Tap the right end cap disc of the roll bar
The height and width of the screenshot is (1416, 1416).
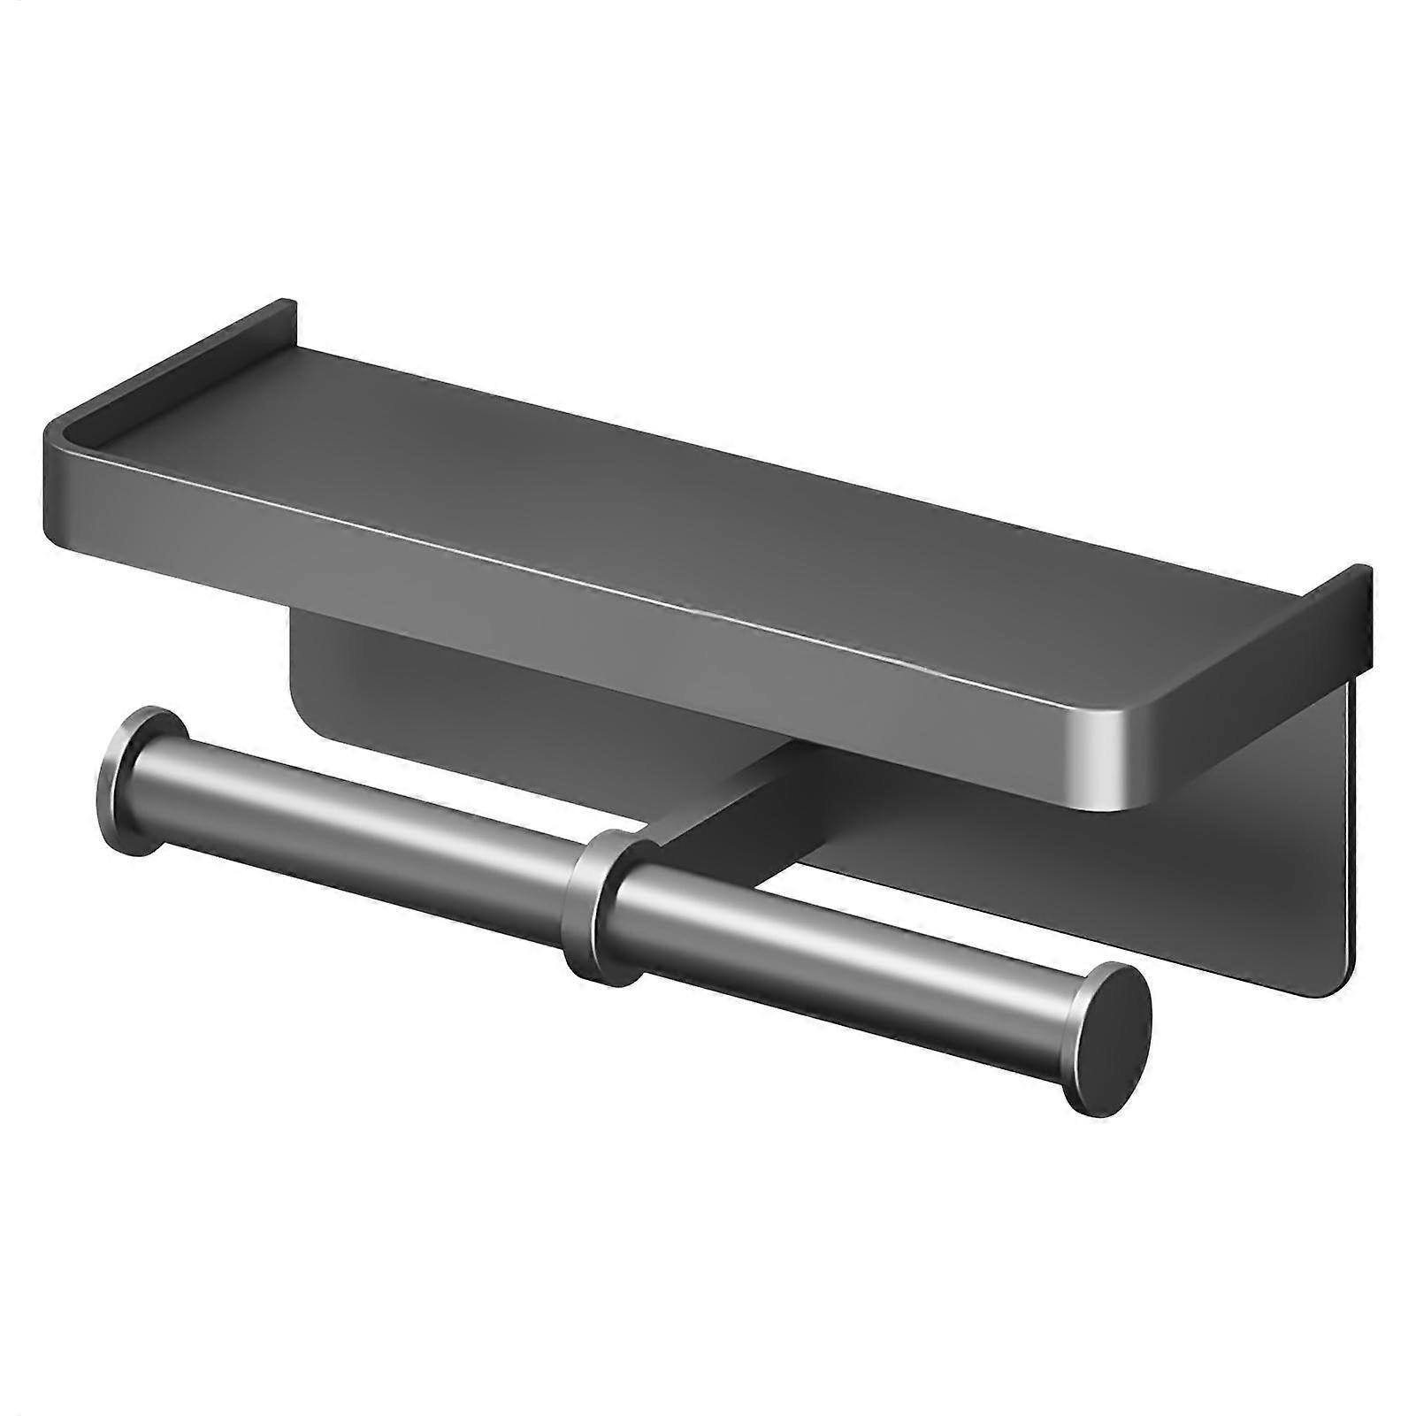[1111, 1038]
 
